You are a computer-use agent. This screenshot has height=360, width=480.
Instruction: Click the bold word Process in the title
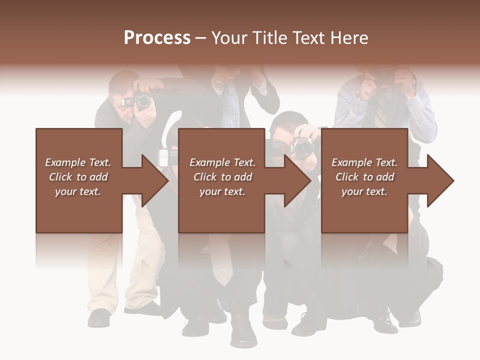(157, 38)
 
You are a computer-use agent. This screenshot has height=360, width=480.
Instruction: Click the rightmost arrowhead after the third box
(439, 180)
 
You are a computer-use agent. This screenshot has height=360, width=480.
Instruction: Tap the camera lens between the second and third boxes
(302, 148)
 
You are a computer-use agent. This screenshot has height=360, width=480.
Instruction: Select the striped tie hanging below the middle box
(221, 260)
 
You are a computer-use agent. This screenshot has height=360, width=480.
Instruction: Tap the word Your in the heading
(228, 38)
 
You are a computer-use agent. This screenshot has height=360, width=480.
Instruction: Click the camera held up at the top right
(384, 77)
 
